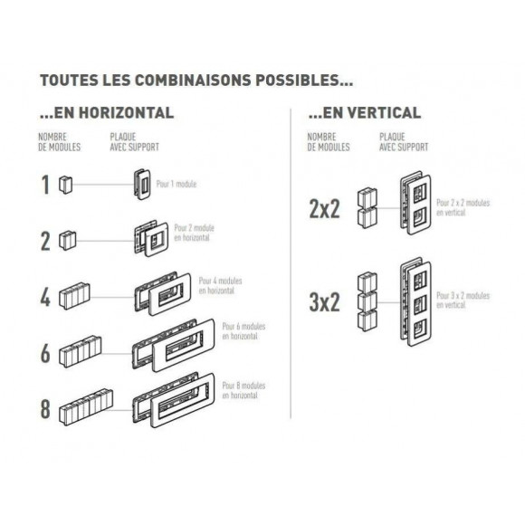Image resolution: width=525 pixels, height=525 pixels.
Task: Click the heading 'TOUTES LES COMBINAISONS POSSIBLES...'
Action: tap(196, 81)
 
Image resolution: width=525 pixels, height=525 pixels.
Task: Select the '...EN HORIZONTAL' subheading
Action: tap(107, 113)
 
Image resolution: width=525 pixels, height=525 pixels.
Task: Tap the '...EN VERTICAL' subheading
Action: tap(365, 113)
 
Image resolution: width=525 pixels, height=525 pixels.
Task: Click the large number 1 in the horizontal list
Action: tap(45, 185)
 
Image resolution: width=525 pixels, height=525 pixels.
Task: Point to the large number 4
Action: tap(45, 297)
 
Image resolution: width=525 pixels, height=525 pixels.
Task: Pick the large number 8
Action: tap(45, 409)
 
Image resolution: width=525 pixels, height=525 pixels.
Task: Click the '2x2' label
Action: tap(324, 209)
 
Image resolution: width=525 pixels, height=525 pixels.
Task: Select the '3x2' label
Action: tap(324, 302)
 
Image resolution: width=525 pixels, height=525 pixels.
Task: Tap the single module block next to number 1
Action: tap(65, 185)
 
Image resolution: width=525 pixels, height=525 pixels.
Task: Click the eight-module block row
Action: tap(86, 407)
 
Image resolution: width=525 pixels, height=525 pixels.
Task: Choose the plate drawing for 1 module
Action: tap(142, 185)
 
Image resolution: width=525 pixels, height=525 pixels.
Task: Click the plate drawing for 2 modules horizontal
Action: tap(151, 238)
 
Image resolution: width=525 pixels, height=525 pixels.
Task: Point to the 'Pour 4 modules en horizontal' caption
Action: tap(220, 286)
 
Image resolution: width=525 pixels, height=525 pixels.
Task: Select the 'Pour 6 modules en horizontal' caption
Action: tap(243, 331)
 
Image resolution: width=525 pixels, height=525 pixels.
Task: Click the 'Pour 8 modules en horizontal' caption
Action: tap(243, 390)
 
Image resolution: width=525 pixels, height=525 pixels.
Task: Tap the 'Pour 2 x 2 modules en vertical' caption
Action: tap(463, 207)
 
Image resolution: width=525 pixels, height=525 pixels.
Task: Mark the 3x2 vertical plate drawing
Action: tap(415, 302)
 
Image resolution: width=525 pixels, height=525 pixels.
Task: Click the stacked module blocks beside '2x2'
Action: tap(367, 208)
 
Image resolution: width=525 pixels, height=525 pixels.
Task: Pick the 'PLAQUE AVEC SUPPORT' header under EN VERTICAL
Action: tap(404, 142)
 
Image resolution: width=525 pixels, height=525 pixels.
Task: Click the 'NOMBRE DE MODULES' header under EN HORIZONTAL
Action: tap(59, 142)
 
